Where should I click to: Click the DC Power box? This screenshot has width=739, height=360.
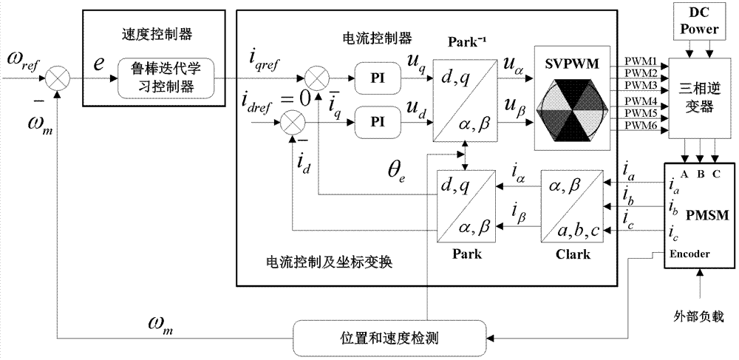(x=698, y=22)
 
